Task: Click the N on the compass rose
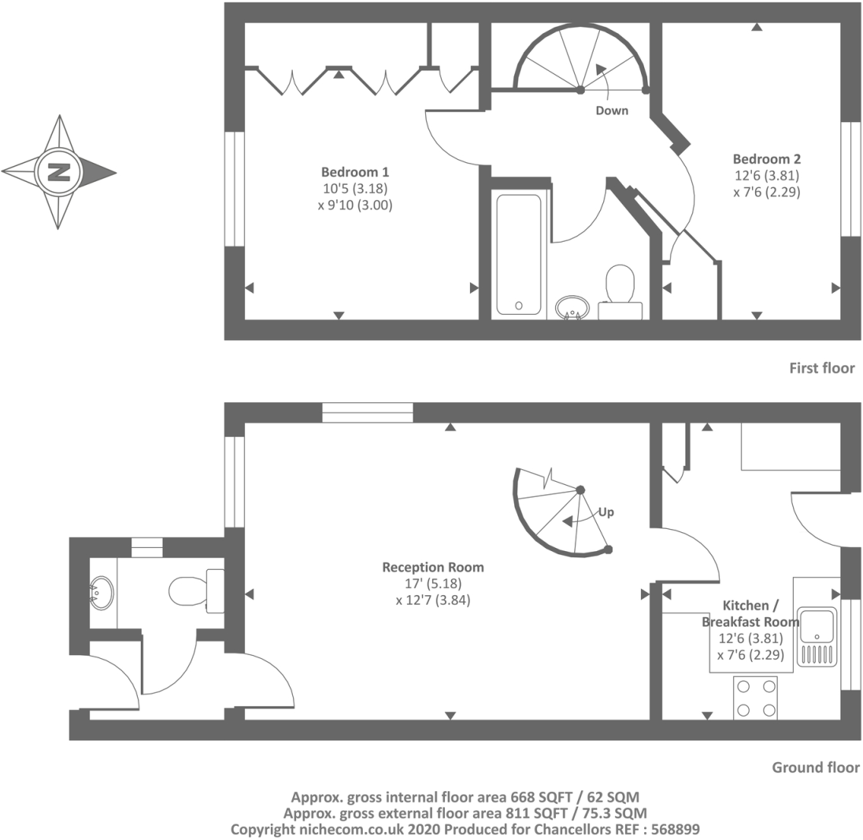(58, 172)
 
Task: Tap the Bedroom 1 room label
(355, 172)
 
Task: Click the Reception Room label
(433, 567)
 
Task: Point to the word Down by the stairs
(612, 111)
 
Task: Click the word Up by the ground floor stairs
(606, 513)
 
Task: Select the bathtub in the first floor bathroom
(519, 253)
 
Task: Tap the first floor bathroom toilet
(620, 286)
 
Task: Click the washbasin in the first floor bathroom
(572, 306)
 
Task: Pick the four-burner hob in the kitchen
(755, 698)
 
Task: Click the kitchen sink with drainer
(818, 636)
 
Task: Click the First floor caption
(821, 368)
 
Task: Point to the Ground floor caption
(815, 768)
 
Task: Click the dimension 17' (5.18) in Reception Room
(433, 583)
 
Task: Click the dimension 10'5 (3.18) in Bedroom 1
(355, 189)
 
